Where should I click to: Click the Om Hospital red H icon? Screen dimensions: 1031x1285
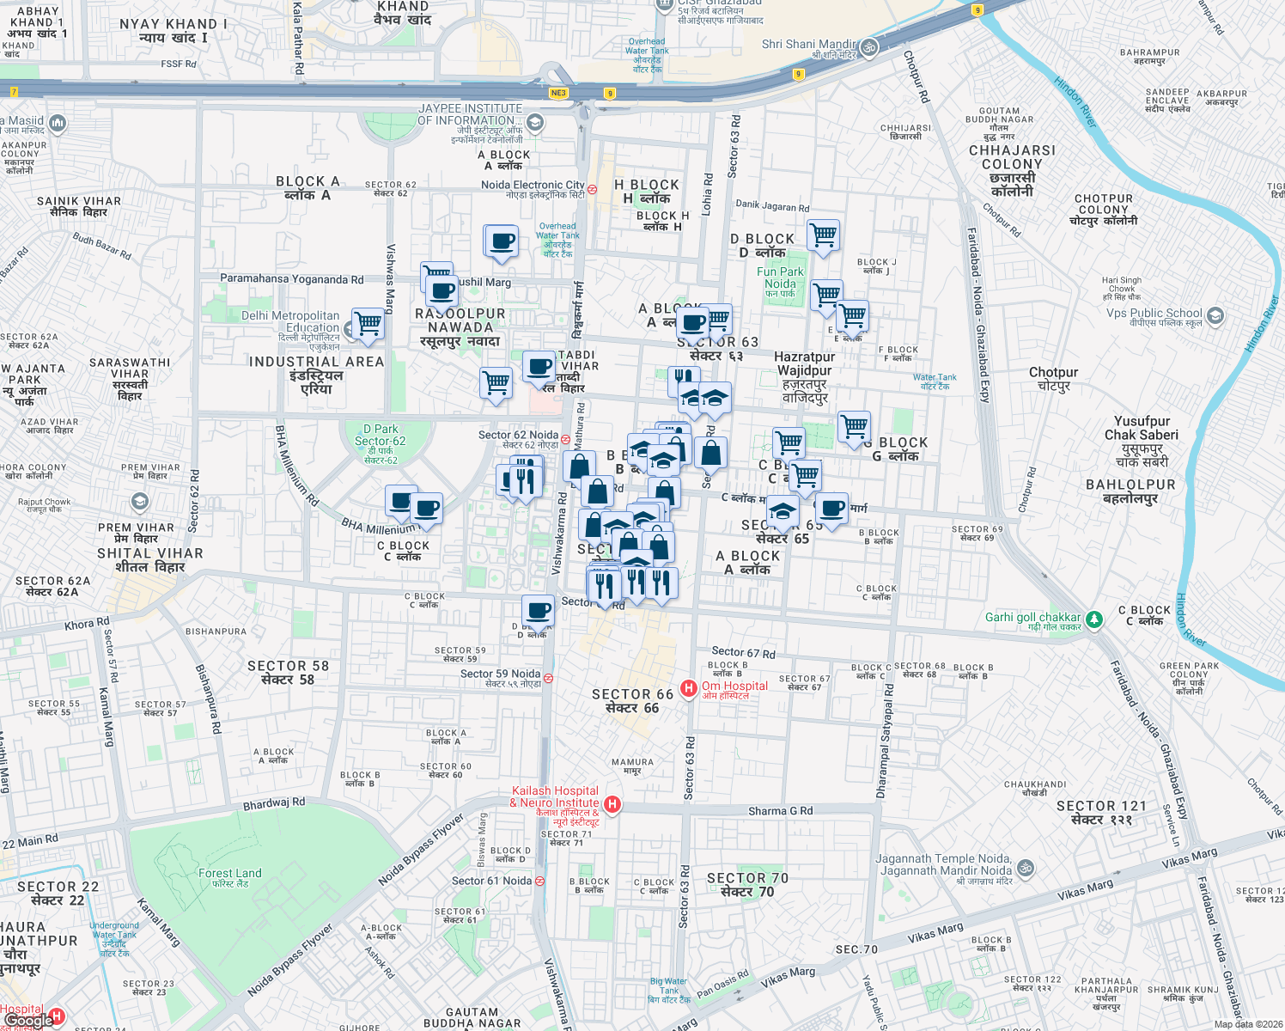(x=688, y=688)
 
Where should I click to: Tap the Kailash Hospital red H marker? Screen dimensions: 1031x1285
(x=612, y=804)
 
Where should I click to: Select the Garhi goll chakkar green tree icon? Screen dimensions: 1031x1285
(x=1093, y=619)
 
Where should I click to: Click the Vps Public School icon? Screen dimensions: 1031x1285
(x=1215, y=315)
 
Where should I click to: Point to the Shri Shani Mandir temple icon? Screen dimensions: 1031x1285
(x=869, y=46)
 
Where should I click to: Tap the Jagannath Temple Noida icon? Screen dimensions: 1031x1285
(x=1025, y=868)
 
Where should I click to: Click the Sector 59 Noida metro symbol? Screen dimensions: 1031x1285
(x=548, y=678)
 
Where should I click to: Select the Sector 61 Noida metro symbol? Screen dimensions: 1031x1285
(x=539, y=881)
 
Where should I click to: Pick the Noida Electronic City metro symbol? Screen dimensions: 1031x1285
(x=592, y=189)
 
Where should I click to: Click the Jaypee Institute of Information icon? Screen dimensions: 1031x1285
(x=534, y=123)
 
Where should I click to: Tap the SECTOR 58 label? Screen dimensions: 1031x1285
(x=288, y=673)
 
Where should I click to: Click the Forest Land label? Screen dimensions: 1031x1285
(x=230, y=877)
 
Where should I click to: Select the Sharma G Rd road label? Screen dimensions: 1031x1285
(x=780, y=810)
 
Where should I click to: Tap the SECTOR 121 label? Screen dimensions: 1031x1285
(x=1101, y=813)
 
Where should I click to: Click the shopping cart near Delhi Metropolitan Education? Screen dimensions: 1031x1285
(x=368, y=323)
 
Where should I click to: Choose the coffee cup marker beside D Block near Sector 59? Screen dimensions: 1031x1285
(x=538, y=611)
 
